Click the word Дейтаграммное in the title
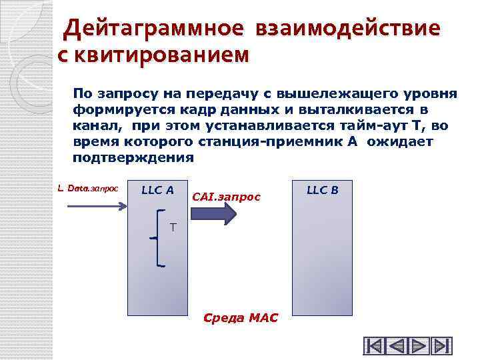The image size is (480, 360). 153,29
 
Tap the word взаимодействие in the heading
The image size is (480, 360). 346,29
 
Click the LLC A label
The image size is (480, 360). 158,191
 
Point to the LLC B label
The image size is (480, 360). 323,190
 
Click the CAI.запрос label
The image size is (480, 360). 226,197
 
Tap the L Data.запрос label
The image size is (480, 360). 88,189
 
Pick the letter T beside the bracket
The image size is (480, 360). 173,228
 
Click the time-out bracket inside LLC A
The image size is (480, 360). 160,238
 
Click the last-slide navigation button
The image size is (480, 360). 441,346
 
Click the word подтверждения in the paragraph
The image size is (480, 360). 133,158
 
